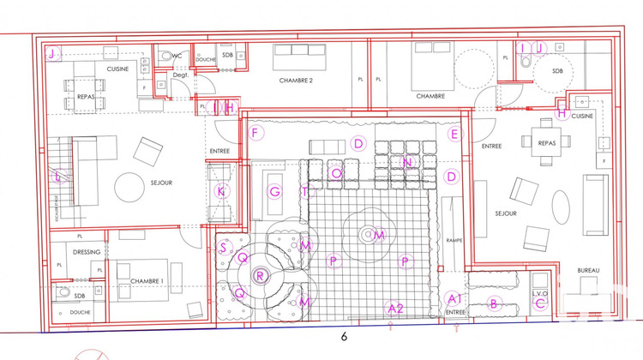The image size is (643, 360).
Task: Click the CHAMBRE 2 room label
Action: pos(293,81)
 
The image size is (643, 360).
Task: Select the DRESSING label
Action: pos(87,252)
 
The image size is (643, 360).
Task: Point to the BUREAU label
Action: pos(588,271)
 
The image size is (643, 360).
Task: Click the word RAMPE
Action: pos(454,241)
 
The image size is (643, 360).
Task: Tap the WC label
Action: pos(177,56)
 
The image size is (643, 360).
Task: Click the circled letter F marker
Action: pos(255,133)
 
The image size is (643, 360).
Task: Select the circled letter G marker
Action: pos(274,191)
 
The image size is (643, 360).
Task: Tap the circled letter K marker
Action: pos(220,191)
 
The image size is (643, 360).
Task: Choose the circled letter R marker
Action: pos(261,276)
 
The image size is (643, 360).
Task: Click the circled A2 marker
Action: pos(395,307)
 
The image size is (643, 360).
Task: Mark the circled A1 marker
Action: pos(455,297)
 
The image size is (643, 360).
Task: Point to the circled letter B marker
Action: pos(493,303)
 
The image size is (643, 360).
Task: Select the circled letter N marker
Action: pos(408,162)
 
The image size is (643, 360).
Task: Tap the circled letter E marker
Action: pos(455,134)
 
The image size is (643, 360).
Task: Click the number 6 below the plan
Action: pos(344,338)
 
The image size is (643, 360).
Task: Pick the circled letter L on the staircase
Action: pos(57,177)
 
